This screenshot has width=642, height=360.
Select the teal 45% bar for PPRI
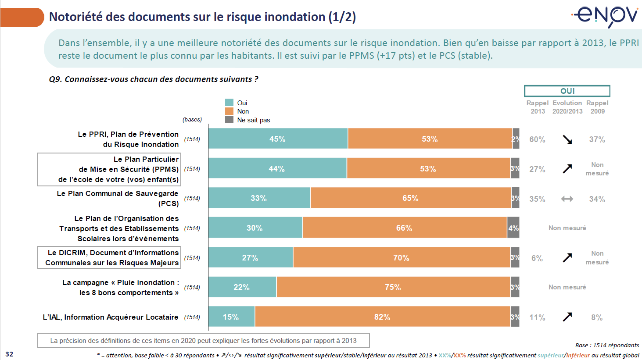point(278,139)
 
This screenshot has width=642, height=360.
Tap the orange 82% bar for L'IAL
point(382,317)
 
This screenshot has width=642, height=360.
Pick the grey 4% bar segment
point(513,228)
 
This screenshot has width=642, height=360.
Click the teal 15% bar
point(231,317)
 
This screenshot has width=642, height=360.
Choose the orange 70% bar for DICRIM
point(401,257)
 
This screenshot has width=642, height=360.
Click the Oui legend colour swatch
point(229,103)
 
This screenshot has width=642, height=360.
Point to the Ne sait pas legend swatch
point(229,120)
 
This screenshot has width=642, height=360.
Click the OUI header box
point(567,91)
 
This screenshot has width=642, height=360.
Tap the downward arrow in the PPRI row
point(567,139)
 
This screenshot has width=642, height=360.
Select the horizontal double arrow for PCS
point(567,199)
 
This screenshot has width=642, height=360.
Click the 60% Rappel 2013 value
point(537,139)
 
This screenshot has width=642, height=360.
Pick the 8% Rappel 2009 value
point(597,317)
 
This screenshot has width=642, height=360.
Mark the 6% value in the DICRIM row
point(537,258)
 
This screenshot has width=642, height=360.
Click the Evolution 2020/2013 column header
point(567,107)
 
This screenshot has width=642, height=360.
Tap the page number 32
point(9,354)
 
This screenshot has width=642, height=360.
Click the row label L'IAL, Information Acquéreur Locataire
point(111,317)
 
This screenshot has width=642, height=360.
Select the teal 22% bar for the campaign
point(242,287)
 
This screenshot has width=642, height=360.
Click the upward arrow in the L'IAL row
point(567,317)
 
